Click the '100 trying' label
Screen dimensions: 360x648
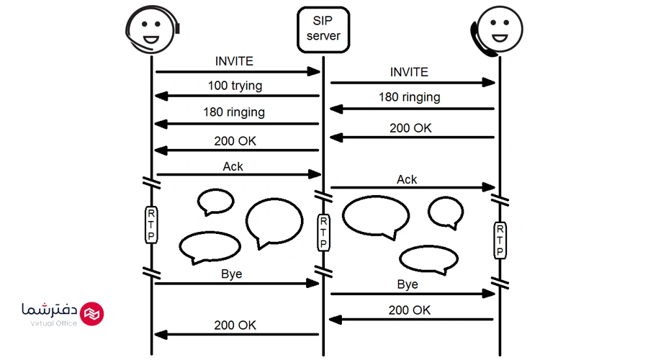[x=235, y=86]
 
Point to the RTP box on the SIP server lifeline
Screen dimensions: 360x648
[x=323, y=233]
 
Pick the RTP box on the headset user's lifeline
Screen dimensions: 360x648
[x=152, y=225]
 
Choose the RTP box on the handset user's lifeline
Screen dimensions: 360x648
[x=499, y=240]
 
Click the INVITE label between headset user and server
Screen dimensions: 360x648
[x=234, y=61]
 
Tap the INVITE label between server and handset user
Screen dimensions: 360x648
[x=409, y=72]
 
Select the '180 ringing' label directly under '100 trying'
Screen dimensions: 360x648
[x=234, y=112]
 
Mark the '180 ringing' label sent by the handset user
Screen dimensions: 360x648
[x=410, y=97]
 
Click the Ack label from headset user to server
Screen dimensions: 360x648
[x=233, y=166]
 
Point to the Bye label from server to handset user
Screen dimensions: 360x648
[x=408, y=284]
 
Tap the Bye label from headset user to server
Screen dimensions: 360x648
[x=232, y=274]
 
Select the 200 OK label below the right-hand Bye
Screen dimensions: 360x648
[x=410, y=310]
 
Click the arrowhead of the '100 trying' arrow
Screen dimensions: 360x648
[x=160, y=96]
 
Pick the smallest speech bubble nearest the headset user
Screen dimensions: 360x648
[x=215, y=202]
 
